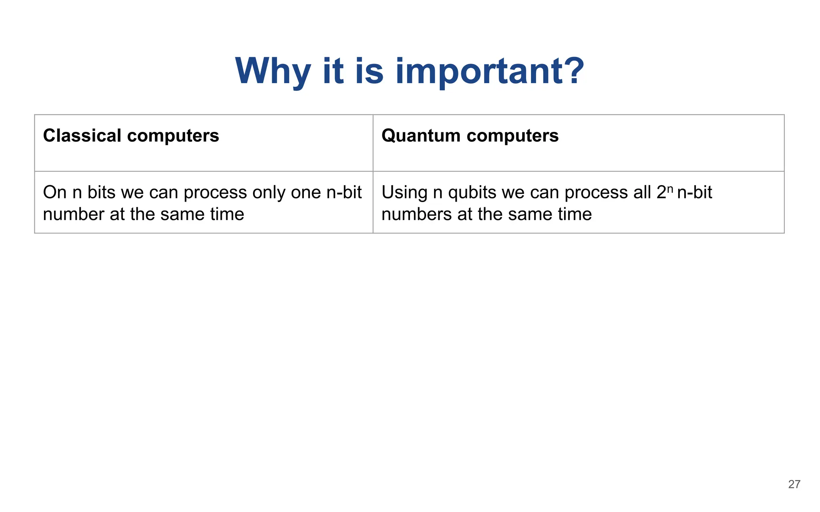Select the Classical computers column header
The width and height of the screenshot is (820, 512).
click(131, 136)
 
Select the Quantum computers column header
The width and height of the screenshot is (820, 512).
click(470, 136)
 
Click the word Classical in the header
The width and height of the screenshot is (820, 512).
click(82, 136)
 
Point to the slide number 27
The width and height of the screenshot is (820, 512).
click(794, 484)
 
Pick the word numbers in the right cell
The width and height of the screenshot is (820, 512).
click(416, 214)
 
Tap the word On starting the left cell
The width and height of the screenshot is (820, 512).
click(54, 193)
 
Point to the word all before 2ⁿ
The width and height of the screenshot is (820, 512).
click(642, 193)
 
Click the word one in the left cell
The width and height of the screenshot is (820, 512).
click(305, 193)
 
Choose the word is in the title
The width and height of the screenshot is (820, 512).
click(369, 71)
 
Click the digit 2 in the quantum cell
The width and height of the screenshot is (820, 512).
click(661, 193)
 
